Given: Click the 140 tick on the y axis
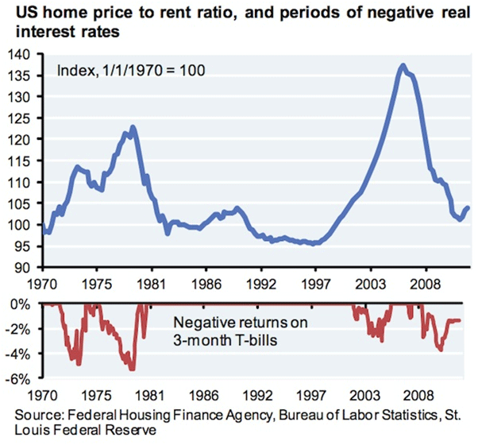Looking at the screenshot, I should point(18,54).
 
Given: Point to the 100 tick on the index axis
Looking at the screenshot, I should point(18,225).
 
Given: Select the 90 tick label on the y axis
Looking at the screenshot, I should point(21,268).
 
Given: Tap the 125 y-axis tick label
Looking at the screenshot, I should point(18,118).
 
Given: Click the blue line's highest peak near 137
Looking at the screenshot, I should point(403,65).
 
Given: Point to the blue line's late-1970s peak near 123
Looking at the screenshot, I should point(133,126).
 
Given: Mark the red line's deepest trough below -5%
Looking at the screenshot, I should point(133,370).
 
